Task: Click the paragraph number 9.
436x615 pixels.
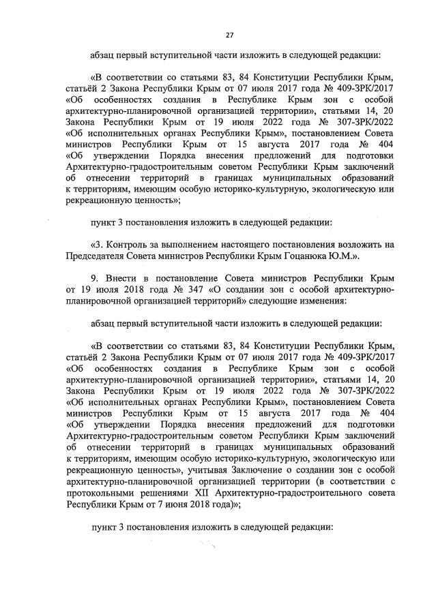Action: [93, 279]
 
